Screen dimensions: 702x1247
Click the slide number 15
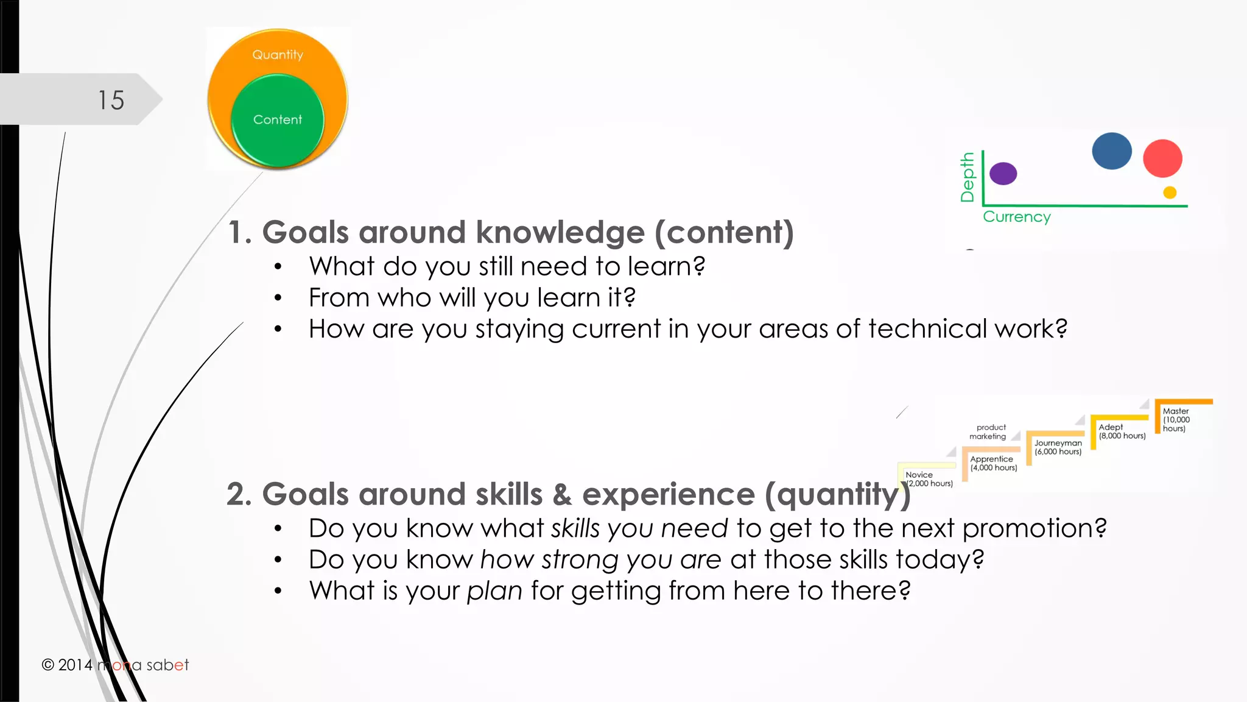(x=111, y=100)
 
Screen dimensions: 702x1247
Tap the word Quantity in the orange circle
(x=278, y=55)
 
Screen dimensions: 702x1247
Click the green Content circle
(x=278, y=120)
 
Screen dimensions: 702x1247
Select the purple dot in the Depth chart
(x=1003, y=174)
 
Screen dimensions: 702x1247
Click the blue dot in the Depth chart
(x=1111, y=151)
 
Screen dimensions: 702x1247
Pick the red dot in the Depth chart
(x=1162, y=158)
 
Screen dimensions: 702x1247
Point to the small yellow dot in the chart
(x=1170, y=193)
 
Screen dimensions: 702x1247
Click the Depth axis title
(x=967, y=177)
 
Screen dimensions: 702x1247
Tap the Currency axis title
(x=1016, y=217)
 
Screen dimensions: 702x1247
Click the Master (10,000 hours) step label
(x=1176, y=420)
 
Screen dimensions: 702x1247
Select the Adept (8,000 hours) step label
(x=1122, y=431)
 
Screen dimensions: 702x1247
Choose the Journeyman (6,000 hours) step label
(x=1058, y=447)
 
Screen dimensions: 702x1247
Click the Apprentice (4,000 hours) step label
(x=993, y=463)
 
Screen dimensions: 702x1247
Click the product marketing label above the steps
(x=989, y=432)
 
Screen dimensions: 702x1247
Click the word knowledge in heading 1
(x=560, y=232)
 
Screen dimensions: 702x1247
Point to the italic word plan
(x=494, y=591)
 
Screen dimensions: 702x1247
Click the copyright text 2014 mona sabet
(x=115, y=665)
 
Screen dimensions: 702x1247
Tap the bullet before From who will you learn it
(x=278, y=298)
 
